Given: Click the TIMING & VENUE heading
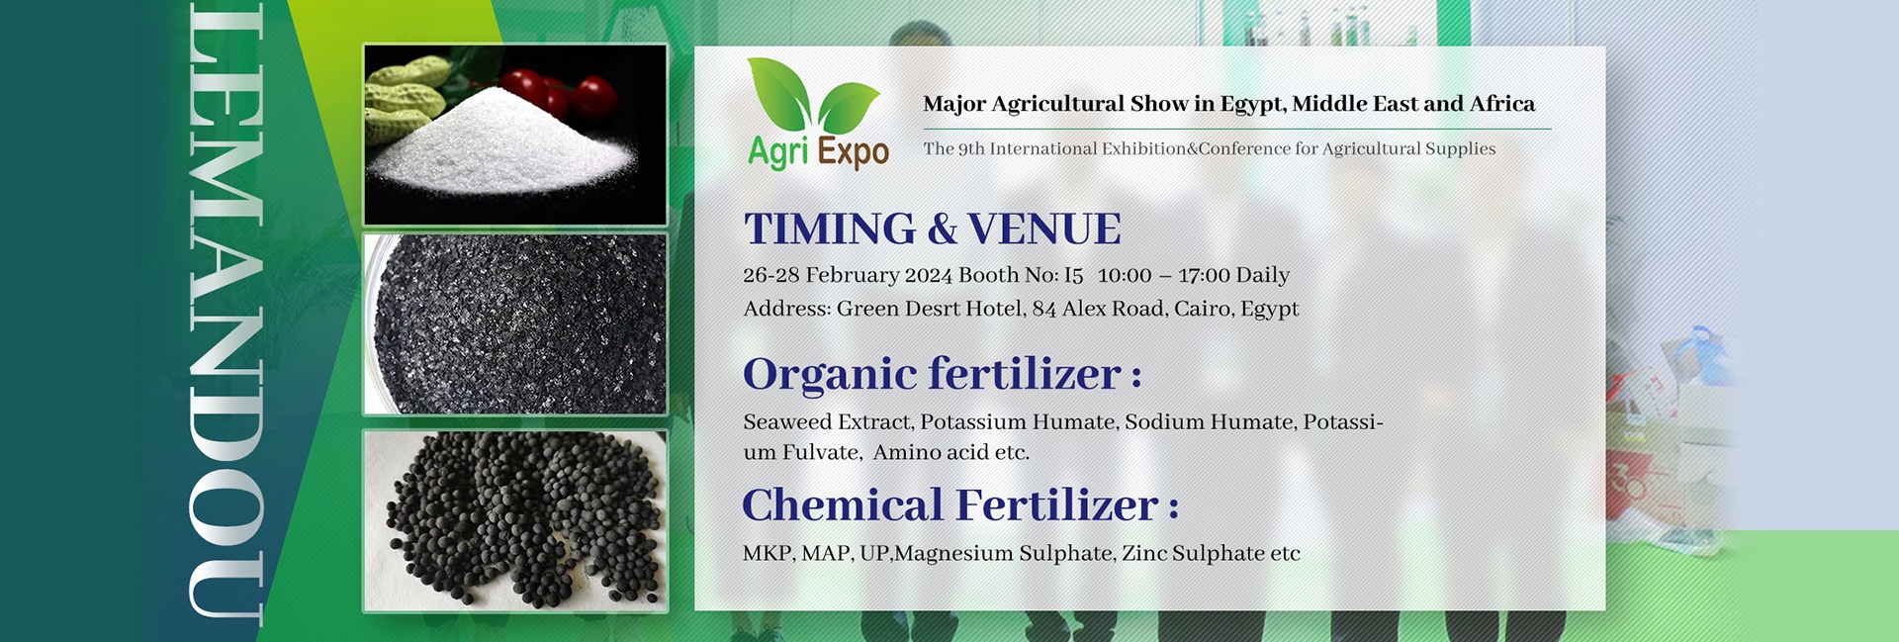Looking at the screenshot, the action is point(932,229).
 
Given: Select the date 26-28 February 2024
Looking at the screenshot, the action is point(848,275).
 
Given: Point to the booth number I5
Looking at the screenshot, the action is point(1073,275).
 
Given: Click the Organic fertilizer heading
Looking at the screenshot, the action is point(943,375).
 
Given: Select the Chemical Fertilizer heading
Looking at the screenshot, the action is point(960,505).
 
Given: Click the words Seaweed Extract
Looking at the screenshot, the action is point(827,422).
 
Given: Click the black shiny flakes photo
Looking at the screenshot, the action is point(515,324).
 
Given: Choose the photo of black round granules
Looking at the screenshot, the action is point(515,521).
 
